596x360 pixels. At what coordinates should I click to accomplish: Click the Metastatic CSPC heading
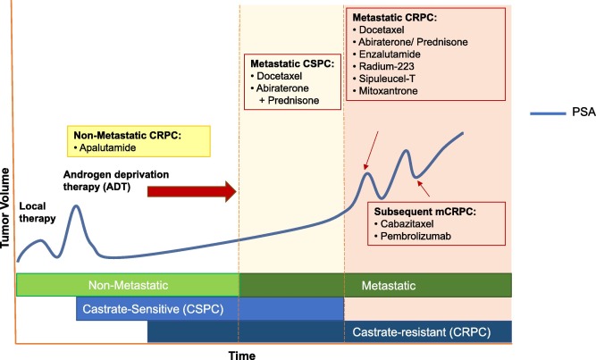pos(291,63)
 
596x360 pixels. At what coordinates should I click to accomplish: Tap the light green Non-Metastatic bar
pos(128,285)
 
